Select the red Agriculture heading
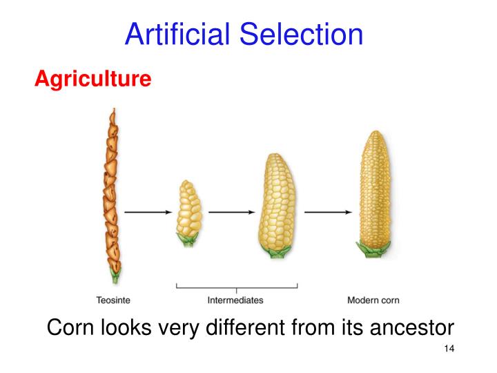(x=92, y=79)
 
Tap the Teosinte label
(x=112, y=300)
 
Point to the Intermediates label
(x=235, y=300)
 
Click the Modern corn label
(x=373, y=300)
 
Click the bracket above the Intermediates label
(x=237, y=286)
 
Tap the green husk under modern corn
(x=373, y=247)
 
